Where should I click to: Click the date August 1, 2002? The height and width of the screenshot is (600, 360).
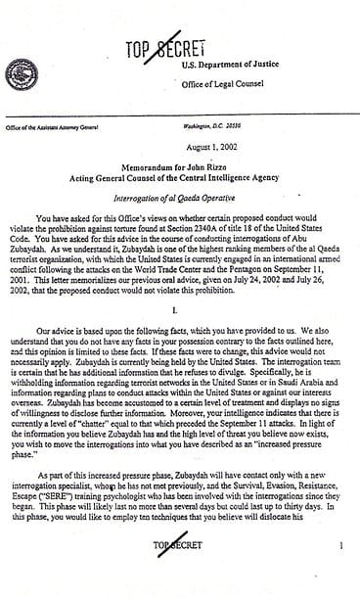pos(179,142)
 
